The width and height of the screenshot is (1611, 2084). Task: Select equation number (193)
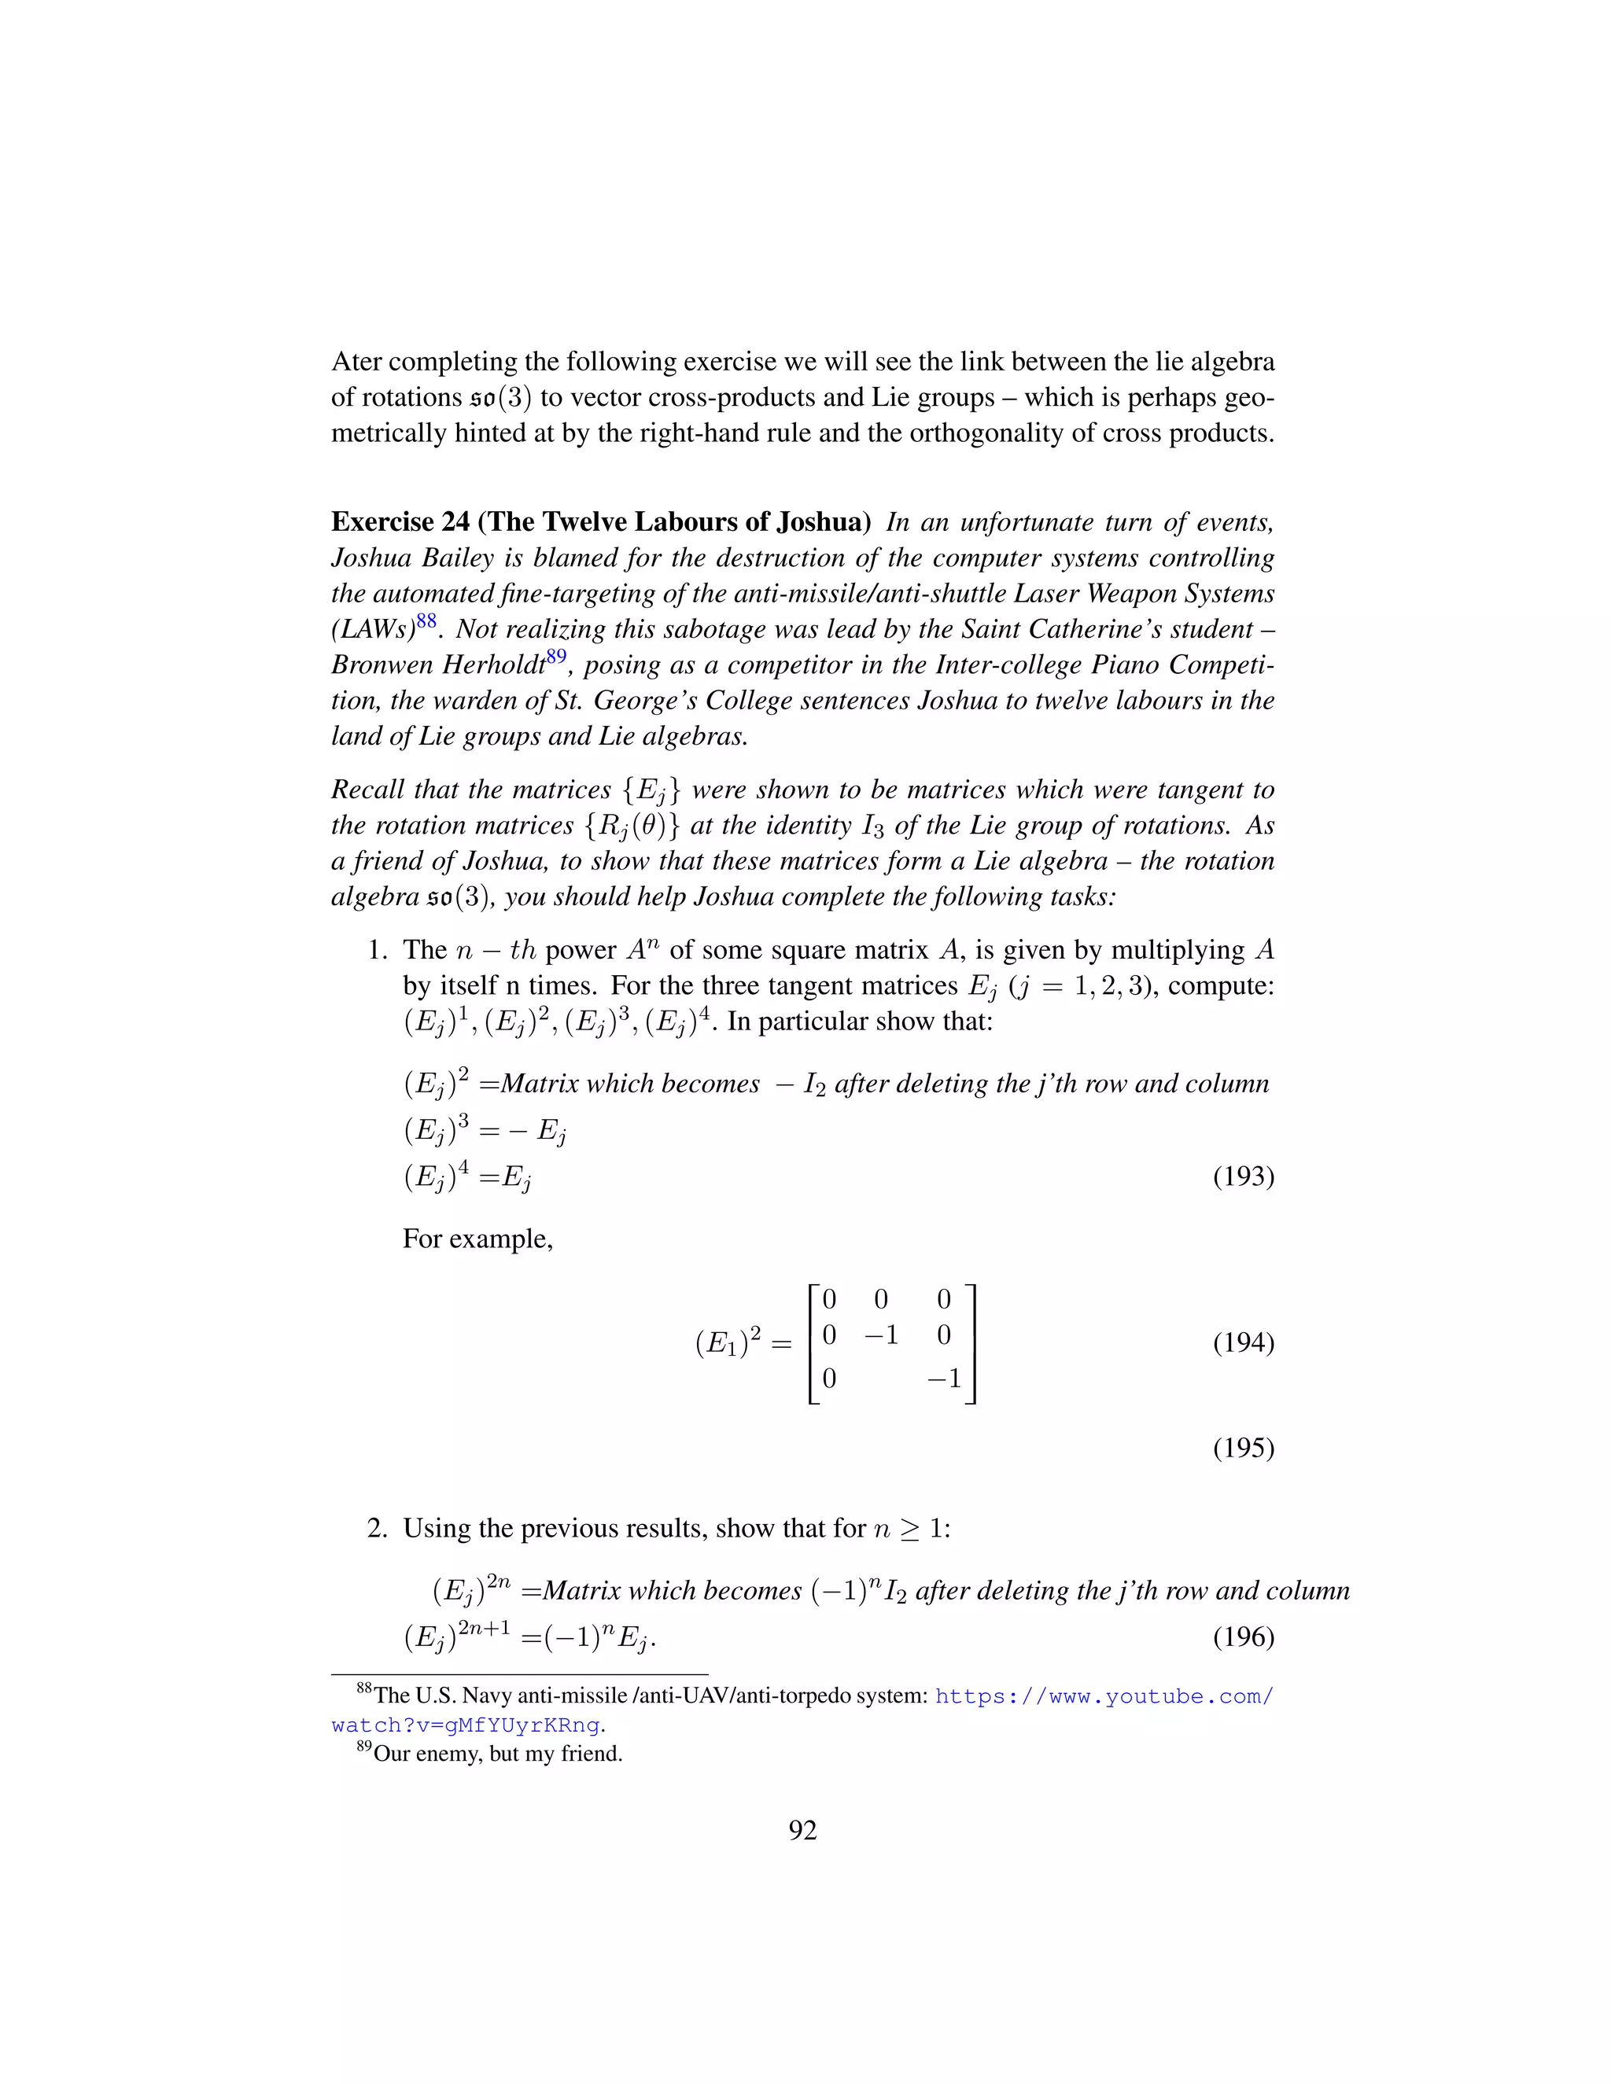point(1243,1176)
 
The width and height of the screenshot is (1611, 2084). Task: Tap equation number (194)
point(1243,1342)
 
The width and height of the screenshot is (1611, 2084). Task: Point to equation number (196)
point(1243,1637)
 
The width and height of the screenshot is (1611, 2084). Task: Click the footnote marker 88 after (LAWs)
point(426,621)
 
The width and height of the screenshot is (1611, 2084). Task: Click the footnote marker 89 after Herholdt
point(555,657)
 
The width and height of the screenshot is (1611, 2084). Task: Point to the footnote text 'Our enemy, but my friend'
point(497,1754)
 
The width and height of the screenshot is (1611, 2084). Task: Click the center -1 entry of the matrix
point(881,1335)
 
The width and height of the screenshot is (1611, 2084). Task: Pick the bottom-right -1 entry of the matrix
point(943,1379)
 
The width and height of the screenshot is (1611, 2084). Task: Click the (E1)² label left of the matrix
point(730,1343)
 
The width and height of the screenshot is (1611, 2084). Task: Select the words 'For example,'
point(477,1239)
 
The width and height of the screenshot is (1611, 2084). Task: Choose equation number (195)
point(1243,1449)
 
